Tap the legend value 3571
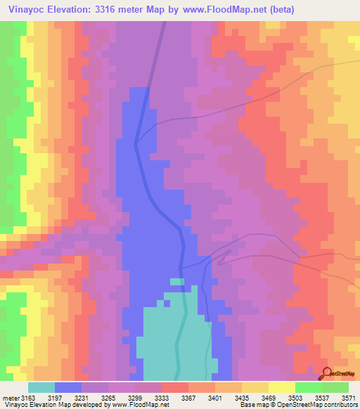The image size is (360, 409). point(347,397)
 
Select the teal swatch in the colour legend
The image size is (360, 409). point(41,387)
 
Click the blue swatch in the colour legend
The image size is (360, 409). point(67,387)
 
